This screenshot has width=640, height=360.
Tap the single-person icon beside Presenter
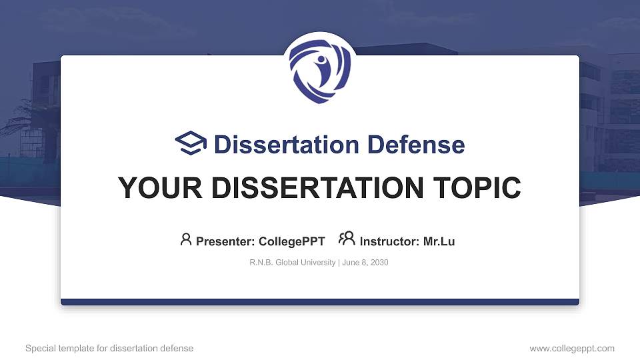click(x=186, y=239)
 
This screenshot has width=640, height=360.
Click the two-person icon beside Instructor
click(x=347, y=239)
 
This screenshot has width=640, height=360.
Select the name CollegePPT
click(x=292, y=241)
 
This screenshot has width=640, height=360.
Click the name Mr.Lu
click(x=439, y=241)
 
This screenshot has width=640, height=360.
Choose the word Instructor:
click(x=389, y=241)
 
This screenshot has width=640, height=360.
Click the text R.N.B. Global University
click(x=293, y=263)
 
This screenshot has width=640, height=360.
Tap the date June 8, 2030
click(x=366, y=263)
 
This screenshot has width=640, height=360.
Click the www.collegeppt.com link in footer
click(x=571, y=348)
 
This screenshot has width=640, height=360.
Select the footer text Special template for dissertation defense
click(x=109, y=348)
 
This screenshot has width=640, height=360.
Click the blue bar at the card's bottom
click(x=319, y=302)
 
